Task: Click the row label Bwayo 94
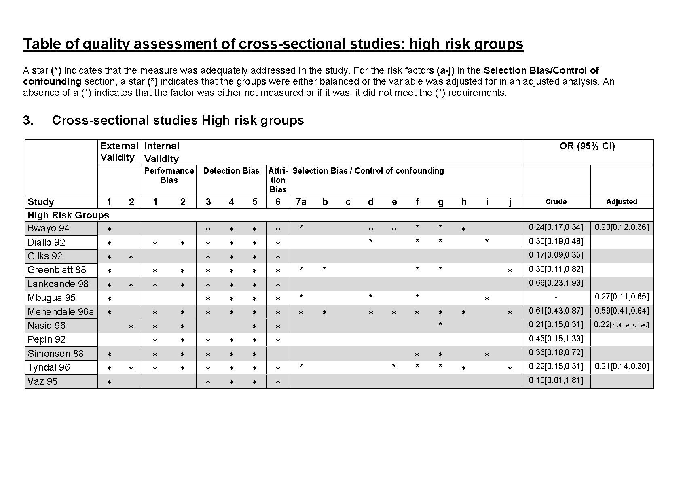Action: tap(48, 229)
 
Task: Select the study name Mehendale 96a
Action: tap(60, 312)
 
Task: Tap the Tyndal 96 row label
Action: tap(49, 367)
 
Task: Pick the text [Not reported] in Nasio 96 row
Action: tap(629, 325)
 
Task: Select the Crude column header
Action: tap(556, 202)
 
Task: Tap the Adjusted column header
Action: tap(621, 202)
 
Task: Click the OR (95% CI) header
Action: tap(587, 146)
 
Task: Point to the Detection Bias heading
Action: tap(231, 171)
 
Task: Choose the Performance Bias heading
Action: tap(169, 176)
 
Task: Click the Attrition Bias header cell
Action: tap(278, 180)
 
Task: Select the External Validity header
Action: tap(119, 152)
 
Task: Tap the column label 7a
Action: tap(301, 202)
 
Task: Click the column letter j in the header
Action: tap(510, 202)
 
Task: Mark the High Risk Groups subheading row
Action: tap(68, 215)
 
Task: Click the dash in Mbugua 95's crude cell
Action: tap(556, 297)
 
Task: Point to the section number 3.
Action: tap(28, 121)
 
